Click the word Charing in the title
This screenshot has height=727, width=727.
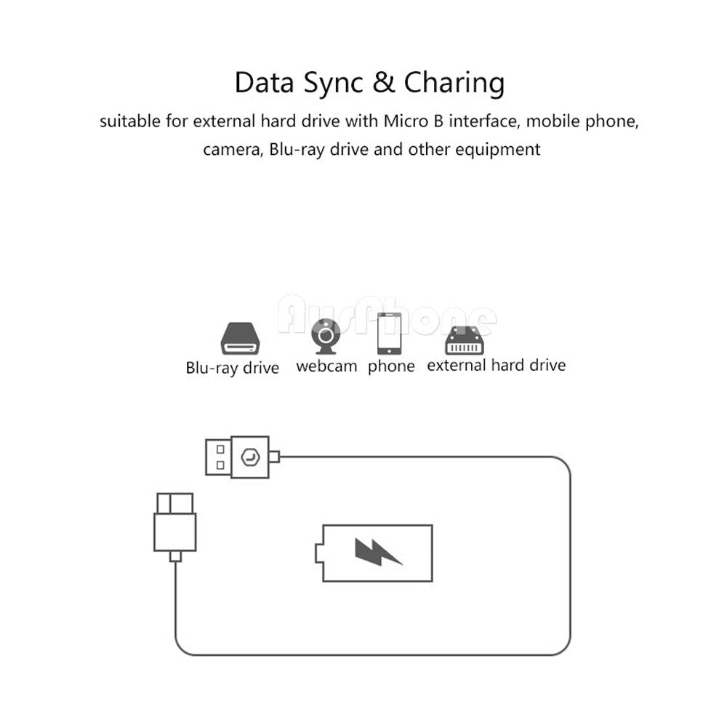coord(454,84)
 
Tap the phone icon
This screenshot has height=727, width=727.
coord(390,333)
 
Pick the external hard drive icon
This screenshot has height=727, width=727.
coord(466,338)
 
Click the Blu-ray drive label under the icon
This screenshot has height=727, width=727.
coord(233,368)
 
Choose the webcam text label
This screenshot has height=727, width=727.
coord(326,366)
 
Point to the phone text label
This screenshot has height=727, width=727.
coord(391,366)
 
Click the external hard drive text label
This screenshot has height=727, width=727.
coord(496,365)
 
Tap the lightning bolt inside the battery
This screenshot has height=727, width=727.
coord(377,552)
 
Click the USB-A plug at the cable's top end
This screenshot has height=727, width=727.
coord(238,457)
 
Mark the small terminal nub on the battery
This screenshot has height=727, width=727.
coord(318,553)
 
